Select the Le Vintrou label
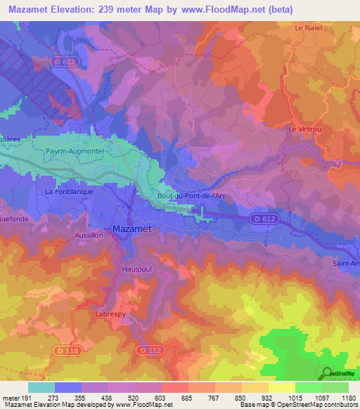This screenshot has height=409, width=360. [x=304, y=129]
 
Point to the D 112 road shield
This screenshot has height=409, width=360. [x=150, y=349]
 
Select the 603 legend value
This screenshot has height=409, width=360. [x=160, y=397]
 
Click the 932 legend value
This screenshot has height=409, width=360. [x=267, y=397]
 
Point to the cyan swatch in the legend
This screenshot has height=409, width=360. [x=41, y=387]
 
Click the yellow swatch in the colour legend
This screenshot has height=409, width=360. [x=281, y=387]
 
